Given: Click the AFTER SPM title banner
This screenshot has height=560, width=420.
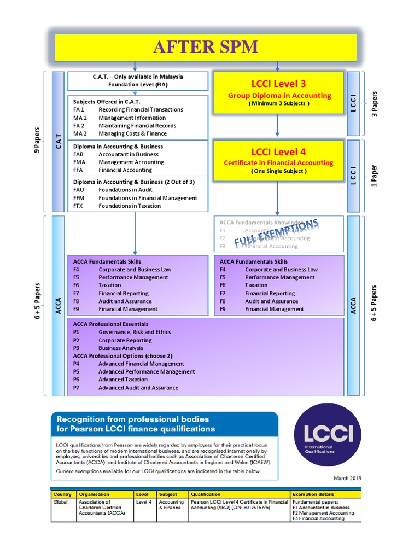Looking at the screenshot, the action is (206, 47).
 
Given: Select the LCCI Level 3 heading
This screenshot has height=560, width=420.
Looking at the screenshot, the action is (278, 84).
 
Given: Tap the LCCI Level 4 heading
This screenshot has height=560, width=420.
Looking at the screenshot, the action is (278, 151).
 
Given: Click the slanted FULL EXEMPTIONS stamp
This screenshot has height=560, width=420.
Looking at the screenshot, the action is (277, 233).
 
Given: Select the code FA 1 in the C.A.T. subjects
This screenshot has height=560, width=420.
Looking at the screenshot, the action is (79, 109).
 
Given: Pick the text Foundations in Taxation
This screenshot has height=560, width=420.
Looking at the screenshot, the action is (130, 206).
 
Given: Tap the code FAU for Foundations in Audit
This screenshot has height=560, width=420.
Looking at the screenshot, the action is (79, 190).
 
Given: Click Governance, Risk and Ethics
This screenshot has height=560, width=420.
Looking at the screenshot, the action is (135, 332).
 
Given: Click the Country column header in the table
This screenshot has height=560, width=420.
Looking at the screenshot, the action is (62, 494).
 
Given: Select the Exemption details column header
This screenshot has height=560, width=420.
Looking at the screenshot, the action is (317, 494).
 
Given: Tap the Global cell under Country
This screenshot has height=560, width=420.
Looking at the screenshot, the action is (61, 501).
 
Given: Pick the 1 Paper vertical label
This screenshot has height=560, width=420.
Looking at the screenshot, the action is (374, 176).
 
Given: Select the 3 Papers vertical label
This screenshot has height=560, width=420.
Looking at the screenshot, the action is (374, 104).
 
